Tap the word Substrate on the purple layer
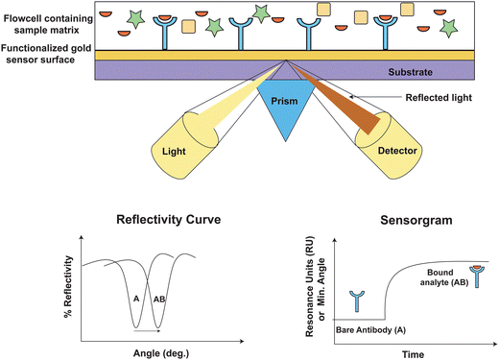[410, 72]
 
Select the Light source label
[174, 151]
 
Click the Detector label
[397, 151]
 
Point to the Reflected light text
[439, 98]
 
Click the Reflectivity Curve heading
[169, 220]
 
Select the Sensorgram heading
[416, 220]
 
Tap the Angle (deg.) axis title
[161, 353]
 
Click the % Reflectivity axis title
[68, 287]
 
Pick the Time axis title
[414, 354]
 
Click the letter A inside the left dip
[136, 299]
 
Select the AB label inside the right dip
[159, 300]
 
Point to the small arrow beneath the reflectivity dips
[147, 331]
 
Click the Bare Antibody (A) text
[370, 330]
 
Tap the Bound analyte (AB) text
[444, 277]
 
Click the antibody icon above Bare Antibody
[357, 301]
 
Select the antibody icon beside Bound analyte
[477, 276]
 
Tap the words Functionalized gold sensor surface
[46, 54]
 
